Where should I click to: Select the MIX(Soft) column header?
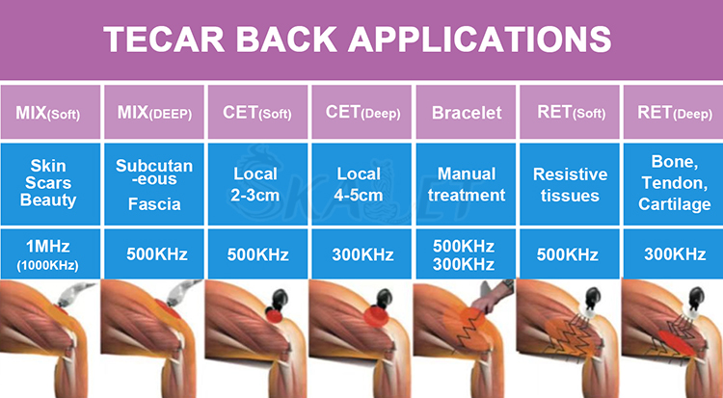(x=49, y=113)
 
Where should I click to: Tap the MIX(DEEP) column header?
(x=154, y=113)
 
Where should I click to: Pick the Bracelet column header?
(x=467, y=113)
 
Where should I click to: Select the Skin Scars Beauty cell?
(x=49, y=183)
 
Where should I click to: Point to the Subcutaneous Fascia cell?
(x=154, y=183)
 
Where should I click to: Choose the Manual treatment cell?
(x=467, y=183)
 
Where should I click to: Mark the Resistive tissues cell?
(x=571, y=183)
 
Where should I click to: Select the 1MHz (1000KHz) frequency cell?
(x=49, y=255)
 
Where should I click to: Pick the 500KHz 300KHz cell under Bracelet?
(x=467, y=255)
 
